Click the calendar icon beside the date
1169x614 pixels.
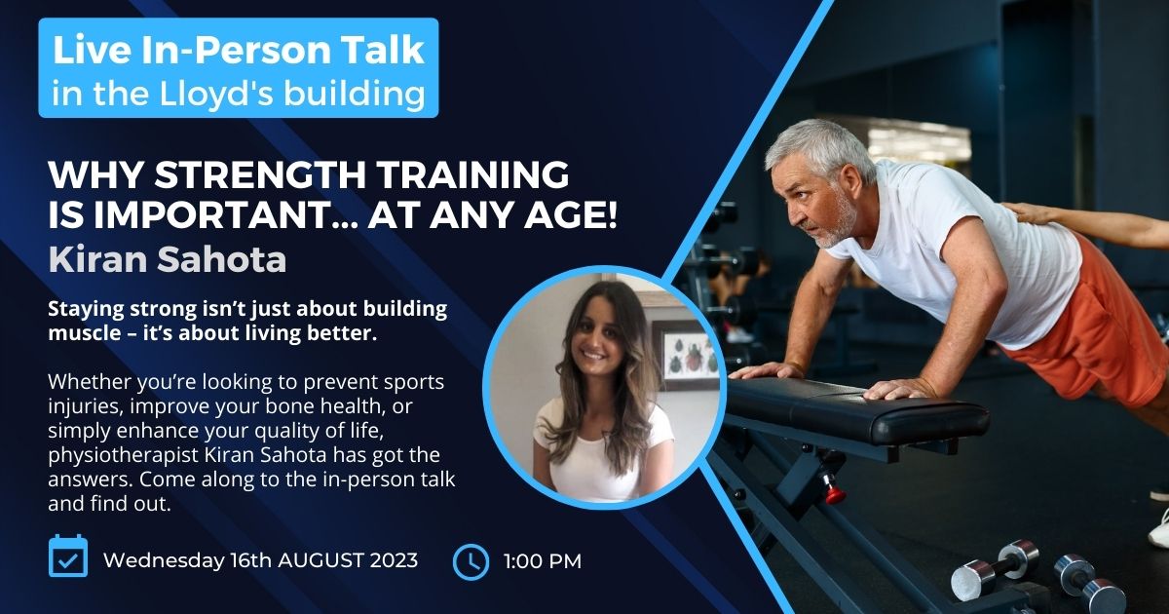[x=68, y=556]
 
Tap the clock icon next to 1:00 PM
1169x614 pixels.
[x=471, y=562]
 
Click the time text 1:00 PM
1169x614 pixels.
[x=543, y=561]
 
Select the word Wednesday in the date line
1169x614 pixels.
[x=164, y=560]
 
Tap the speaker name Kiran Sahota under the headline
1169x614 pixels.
[x=168, y=259]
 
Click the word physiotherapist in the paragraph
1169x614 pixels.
[x=123, y=456]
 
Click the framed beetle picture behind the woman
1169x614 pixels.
[x=685, y=355]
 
